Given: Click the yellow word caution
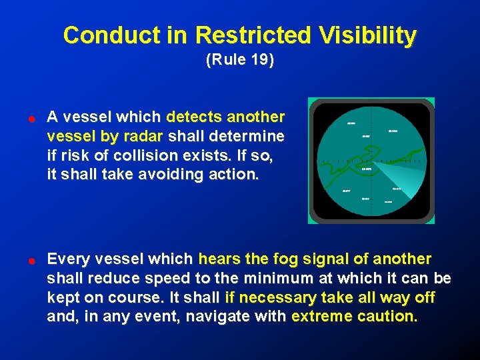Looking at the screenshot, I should click(x=387, y=316).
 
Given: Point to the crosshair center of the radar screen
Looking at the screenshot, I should click(x=371, y=161).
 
